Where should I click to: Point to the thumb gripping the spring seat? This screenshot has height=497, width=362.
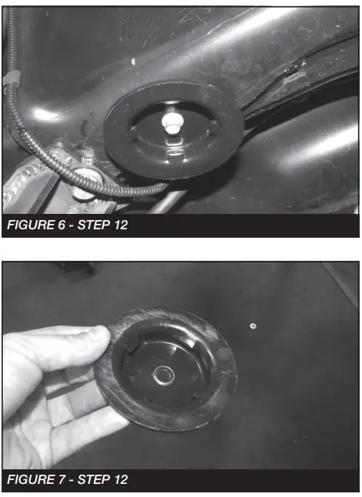[85, 339]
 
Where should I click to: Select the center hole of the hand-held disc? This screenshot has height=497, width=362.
[164, 375]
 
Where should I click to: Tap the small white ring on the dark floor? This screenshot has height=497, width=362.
[252, 326]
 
